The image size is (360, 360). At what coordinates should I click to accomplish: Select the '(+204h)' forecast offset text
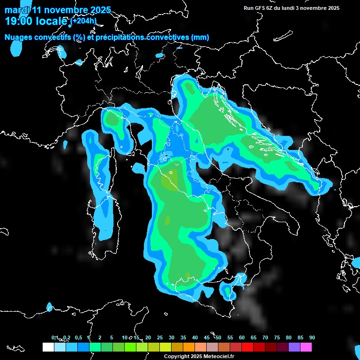click(x=83, y=20)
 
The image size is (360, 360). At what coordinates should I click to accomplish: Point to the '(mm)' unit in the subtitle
click(x=199, y=37)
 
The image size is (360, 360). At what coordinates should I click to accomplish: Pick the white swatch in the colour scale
click(x=48, y=347)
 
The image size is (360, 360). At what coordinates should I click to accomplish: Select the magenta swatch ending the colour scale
click(x=306, y=347)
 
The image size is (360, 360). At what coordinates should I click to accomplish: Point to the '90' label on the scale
click(x=312, y=337)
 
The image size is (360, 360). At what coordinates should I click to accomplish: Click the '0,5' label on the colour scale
click(x=78, y=337)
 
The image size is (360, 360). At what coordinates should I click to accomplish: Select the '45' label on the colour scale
click(x=207, y=337)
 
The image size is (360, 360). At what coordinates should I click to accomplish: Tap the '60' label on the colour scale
click(x=242, y=337)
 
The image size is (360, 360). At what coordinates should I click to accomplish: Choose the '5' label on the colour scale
click(x=112, y=337)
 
